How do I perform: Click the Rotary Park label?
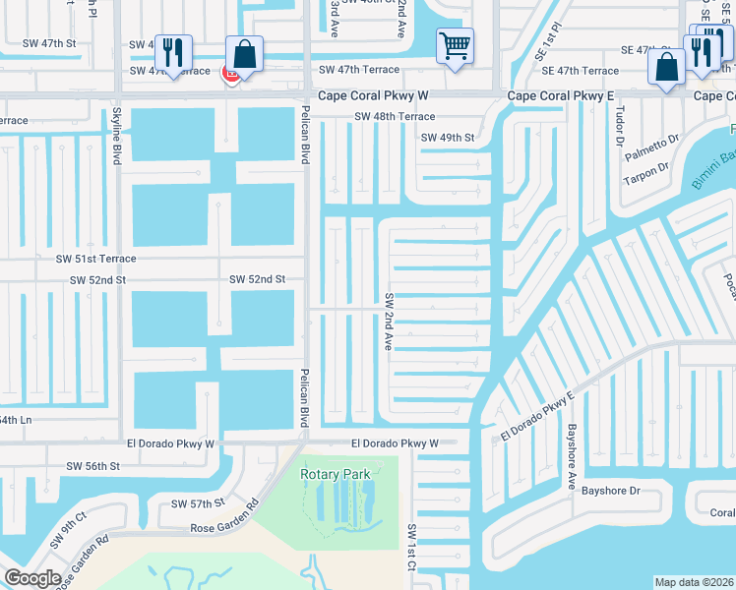click(336, 475)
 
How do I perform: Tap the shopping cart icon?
click(455, 44)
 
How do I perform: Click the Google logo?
click(32, 578)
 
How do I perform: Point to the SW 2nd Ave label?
click(390, 323)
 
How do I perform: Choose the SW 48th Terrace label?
click(395, 117)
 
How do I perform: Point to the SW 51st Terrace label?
click(95, 259)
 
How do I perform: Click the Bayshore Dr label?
click(610, 491)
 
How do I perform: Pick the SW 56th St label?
click(92, 465)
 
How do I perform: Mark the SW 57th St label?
click(198, 503)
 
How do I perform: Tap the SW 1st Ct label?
click(411, 547)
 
